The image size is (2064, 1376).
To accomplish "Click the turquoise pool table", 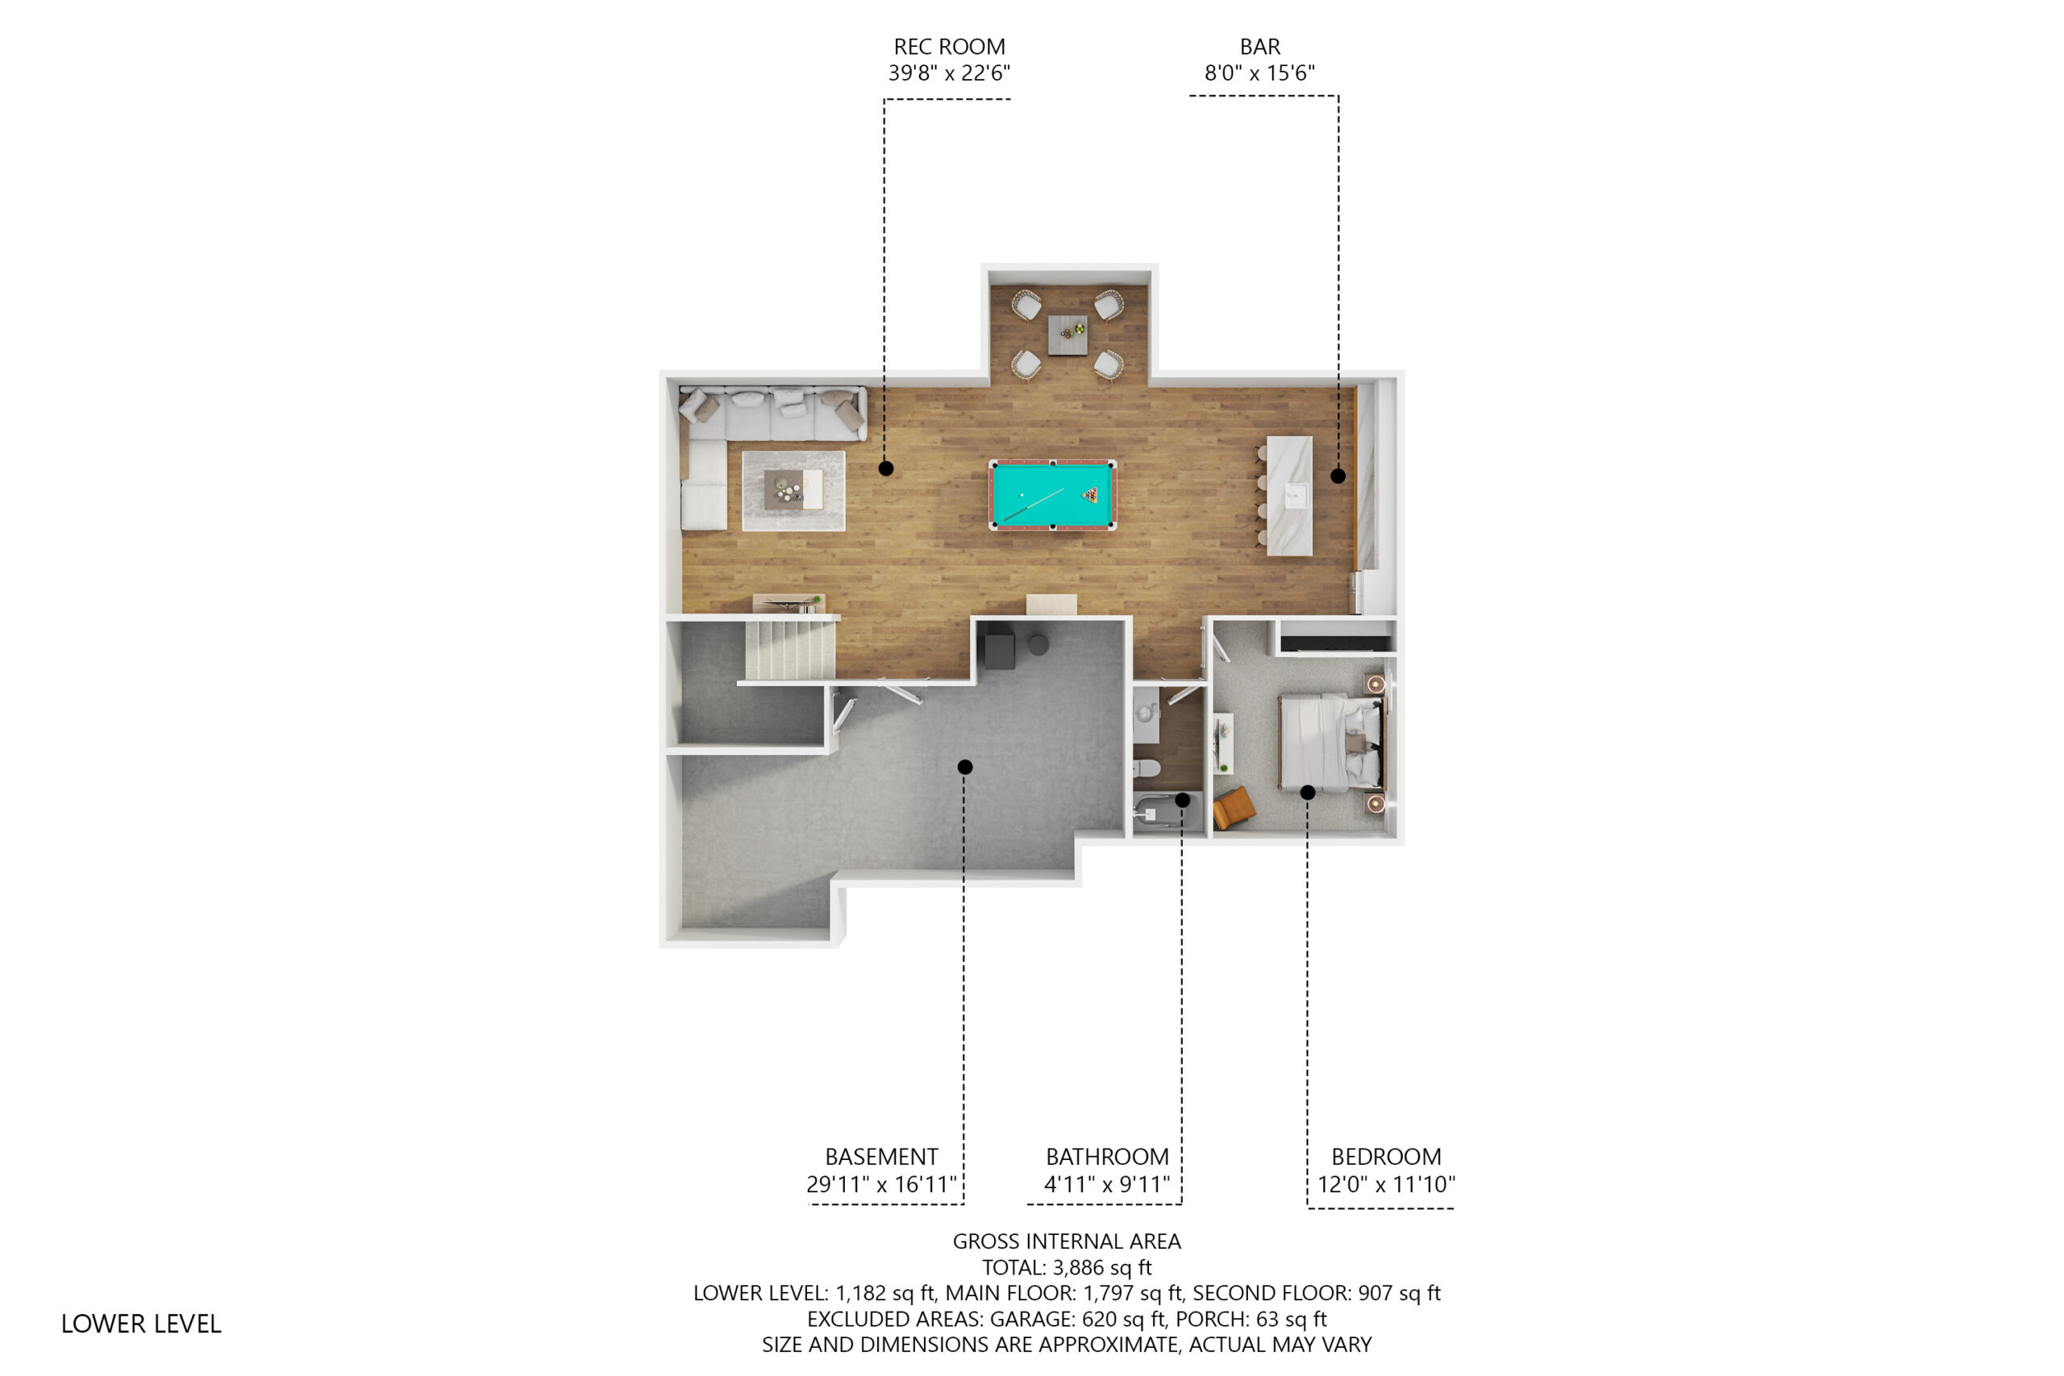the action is [x=1052, y=495].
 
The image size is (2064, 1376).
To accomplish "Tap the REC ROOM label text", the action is [x=949, y=47].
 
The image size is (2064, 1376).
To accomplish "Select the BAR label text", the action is [x=1259, y=47].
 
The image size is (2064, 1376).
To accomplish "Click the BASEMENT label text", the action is [x=881, y=1157].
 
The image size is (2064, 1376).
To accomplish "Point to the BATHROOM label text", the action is [x=1107, y=1157].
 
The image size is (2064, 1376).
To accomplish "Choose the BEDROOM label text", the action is [x=1386, y=1157].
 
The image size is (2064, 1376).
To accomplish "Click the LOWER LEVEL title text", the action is [x=140, y=1324].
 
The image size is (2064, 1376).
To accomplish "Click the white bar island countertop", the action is [x=1289, y=496].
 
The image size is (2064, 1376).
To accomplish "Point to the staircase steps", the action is [x=790, y=650].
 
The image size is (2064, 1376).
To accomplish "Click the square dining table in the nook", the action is [x=1067, y=335].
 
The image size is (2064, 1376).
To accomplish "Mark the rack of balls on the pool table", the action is [x=1090, y=495].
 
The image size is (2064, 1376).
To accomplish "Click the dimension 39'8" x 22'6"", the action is [x=949, y=73].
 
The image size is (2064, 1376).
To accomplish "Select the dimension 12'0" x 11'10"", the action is [x=1386, y=1185].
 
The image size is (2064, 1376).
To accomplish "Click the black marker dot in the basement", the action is [x=964, y=767].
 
